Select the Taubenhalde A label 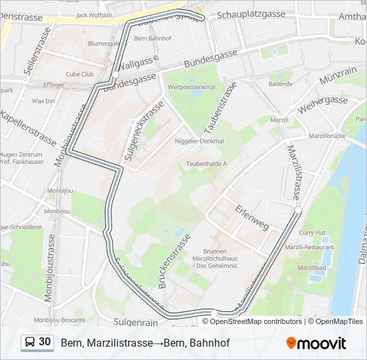click(206, 163)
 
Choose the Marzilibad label click(312, 267)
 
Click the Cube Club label click(79, 74)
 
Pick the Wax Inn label click(43, 101)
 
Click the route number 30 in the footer click(45, 342)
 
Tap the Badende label click(281, 84)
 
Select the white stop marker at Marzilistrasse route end click(298, 210)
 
